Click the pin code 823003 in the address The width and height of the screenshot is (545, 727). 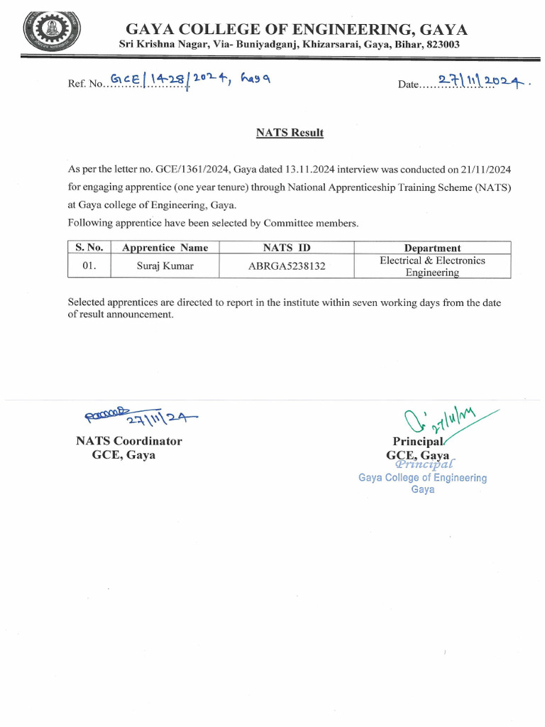click(x=443, y=44)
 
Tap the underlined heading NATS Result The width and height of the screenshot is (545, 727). click(x=290, y=133)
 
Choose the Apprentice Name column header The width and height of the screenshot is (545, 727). click(x=165, y=248)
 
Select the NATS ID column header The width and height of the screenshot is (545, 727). click(x=286, y=248)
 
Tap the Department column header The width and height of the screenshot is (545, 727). click(x=432, y=248)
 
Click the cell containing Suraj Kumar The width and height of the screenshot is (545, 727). click(x=165, y=267)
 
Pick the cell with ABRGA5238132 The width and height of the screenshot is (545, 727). click(x=286, y=267)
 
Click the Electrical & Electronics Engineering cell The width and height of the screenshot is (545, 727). click(x=432, y=266)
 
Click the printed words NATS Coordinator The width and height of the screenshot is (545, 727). click(x=129, y=441)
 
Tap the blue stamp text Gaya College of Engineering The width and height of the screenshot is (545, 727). click(x=422, y=478)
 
